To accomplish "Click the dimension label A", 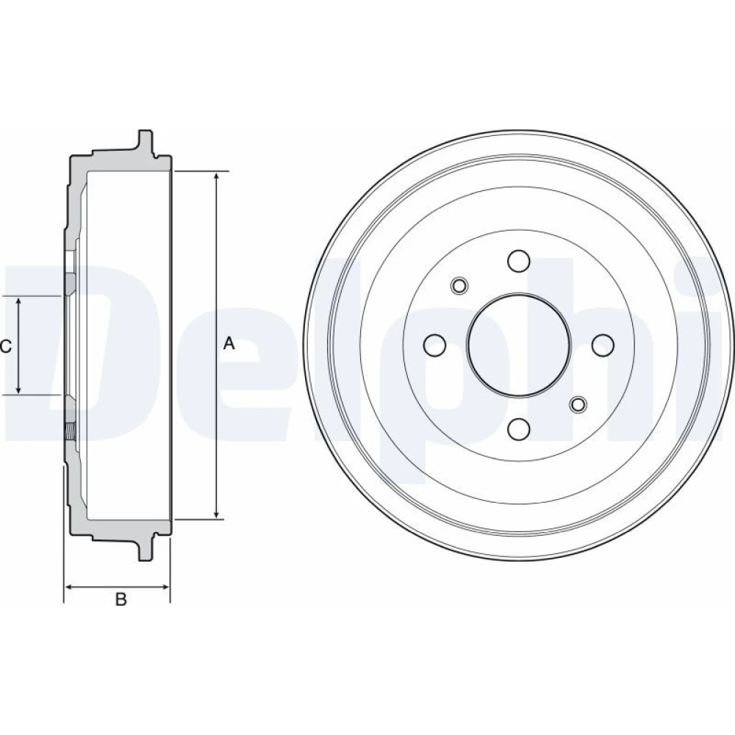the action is pos(229,343).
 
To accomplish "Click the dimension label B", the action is pos(121,599).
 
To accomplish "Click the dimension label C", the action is pos(6,346).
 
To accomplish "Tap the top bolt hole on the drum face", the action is pos(519,261).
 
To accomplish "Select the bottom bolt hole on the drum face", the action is pos(519,429).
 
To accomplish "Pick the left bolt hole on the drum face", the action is pos(434,345).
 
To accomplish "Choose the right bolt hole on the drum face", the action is pos(603,345).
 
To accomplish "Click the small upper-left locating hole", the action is pos(459,285).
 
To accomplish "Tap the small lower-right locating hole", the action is pos(578,404).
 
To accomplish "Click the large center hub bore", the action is pos(519,345).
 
